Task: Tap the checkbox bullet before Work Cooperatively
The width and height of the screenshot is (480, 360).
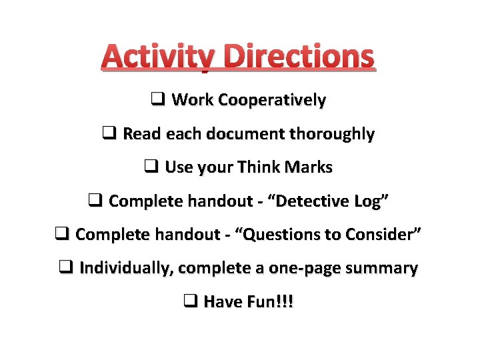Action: (158, 100)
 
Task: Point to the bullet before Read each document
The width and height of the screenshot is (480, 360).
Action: (110, 133)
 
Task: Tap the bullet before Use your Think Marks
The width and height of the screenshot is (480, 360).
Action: (151, 167)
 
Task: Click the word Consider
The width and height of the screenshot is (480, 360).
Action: (386, 235)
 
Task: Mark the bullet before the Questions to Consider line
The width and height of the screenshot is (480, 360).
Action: (62, 234)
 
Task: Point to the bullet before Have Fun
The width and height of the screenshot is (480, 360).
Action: (190, 301)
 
